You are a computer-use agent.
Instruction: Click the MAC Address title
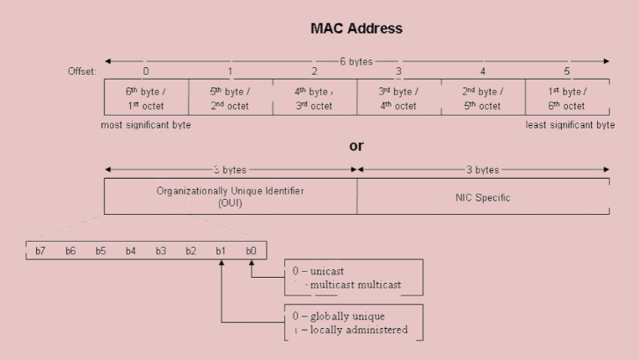point(356,29)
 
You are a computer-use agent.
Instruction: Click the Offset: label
point(83,71)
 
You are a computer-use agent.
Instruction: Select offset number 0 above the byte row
point(146,71)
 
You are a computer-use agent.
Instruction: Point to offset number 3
point(398,71)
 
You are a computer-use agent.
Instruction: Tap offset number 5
point(567,71)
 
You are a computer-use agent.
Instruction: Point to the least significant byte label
point(570,125)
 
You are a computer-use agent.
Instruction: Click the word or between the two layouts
point(356,146)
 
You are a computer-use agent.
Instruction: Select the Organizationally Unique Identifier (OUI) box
point(230,196)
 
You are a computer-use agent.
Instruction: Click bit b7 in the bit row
point(39,251)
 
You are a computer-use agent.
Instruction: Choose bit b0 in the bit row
point(251,251)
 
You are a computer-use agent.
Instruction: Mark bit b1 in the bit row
point(221,251)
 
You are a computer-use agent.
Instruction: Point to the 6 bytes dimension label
point(356,61)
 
